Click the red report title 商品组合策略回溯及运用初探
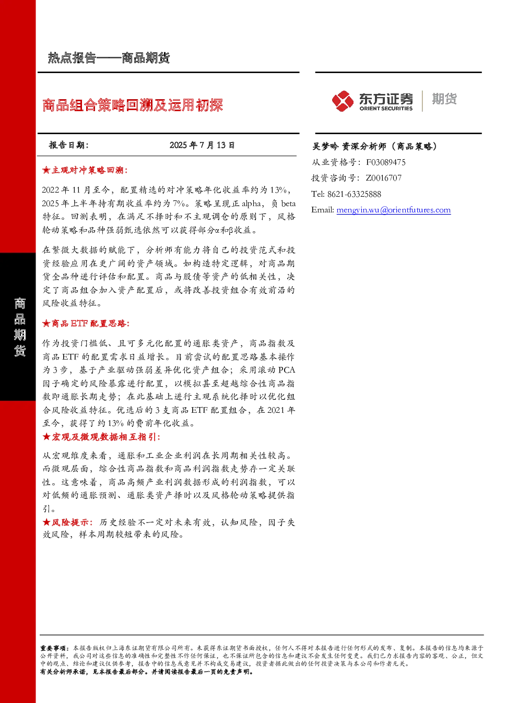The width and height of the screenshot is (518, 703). click(x=133, y=105)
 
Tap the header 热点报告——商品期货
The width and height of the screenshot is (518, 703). click(x=109, y=58)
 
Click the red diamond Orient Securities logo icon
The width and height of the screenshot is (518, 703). click(x=343, y=101)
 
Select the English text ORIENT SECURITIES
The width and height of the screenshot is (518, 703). click(x=386, y=108)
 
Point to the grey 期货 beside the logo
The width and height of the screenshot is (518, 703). click(x=444, y=99)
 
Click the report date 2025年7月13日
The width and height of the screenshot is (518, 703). click(x=202, y=145)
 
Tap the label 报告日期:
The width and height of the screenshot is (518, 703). click(x=69, y=145)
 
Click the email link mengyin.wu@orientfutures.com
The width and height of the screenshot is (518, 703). click(x=393, y=210)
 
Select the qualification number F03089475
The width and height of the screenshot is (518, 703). click(x=386, y=162)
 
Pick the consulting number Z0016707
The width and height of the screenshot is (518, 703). click(x=384, y=178)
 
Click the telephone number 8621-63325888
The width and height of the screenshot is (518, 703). click(x=354, y=194)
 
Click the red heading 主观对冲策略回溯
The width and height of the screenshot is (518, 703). click(x=87, y=170)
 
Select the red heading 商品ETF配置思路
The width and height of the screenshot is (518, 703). click(x=89, y=323)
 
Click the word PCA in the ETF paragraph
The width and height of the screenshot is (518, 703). click(x=287, y=370)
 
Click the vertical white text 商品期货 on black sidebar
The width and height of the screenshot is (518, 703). click(x=20, y=327)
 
